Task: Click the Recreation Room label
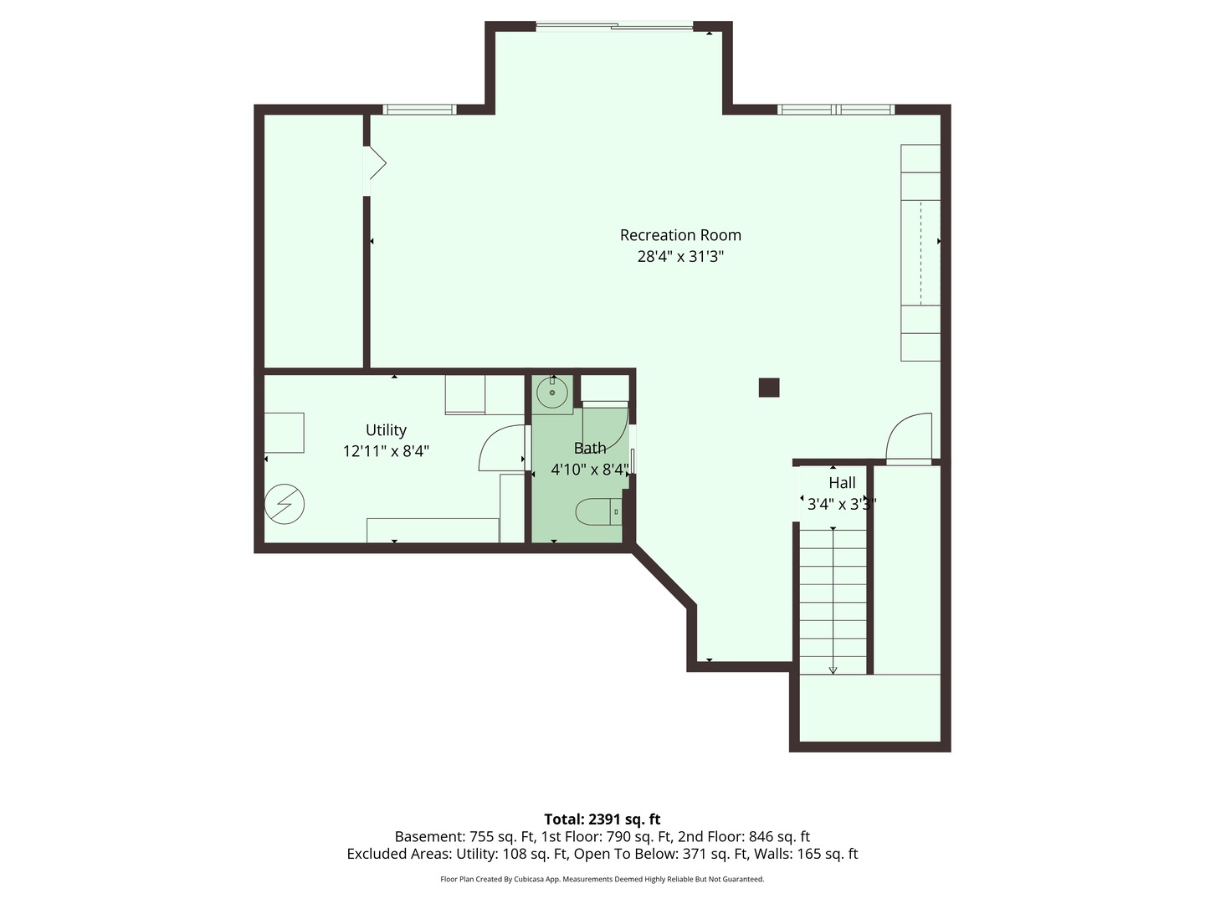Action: pos(680,235)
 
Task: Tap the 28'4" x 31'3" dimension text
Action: pos(680,257)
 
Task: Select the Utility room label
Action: pos(386,430)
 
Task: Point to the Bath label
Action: pos(590,449)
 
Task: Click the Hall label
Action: pos(842,483)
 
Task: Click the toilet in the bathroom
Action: pos(597,511)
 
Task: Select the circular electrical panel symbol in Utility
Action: pos(285,505)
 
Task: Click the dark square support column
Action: pos(769,388)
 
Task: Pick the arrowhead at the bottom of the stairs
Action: pos(833,669)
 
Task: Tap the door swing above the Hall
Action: pos(909,437)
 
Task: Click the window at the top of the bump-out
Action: pos(615,27)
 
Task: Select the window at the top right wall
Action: pos(835,110)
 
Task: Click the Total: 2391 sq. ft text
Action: pos(602,819)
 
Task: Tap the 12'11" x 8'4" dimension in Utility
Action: pos(386,451)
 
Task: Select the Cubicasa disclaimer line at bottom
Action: pos(602,880)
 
